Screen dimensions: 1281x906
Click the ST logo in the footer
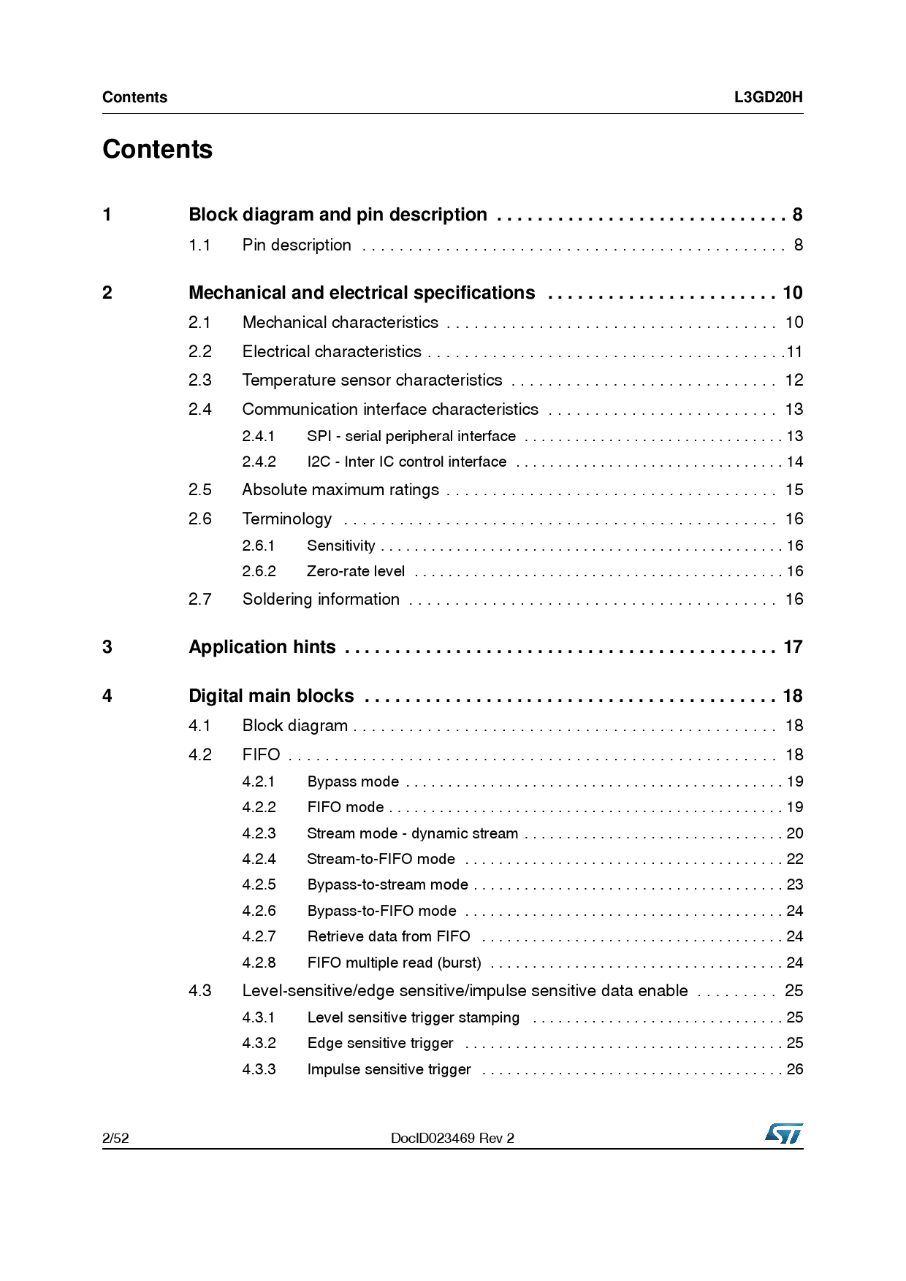click(x=784, y=1133)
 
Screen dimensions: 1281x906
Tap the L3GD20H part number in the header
click(x=768, y=97)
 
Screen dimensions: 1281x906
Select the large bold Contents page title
click(x=158, y=149)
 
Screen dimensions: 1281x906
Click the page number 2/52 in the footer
click(x=115, y=1138)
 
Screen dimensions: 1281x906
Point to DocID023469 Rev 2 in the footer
click(x=452, y=1138)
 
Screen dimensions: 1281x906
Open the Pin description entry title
click(x=297, y=245)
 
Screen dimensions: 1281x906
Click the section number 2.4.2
click(x=259, y=462)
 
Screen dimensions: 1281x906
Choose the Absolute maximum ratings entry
click(x=340, y=490)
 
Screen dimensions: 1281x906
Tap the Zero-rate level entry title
click(x=356, y=571)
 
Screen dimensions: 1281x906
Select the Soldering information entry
click(x=321, y=600)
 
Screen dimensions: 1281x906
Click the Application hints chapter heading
click(x=262, y=647)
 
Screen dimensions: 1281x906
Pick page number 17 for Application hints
click(x=793, y=647)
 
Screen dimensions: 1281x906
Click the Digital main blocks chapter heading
click(x=271, y=696)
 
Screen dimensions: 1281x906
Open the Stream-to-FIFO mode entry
click(x=381, y=859)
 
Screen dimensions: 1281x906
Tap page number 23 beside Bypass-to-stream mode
click(x=795, y=884)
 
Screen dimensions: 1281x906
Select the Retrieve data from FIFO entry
click(x=389, y=936)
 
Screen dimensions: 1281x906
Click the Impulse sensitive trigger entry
click(x=389, y=1069)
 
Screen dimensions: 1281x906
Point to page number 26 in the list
click(x=795, y=1069)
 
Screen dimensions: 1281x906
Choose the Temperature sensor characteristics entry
click(x=372, y=381)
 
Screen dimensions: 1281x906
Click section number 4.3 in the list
click(x=199, y=991)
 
